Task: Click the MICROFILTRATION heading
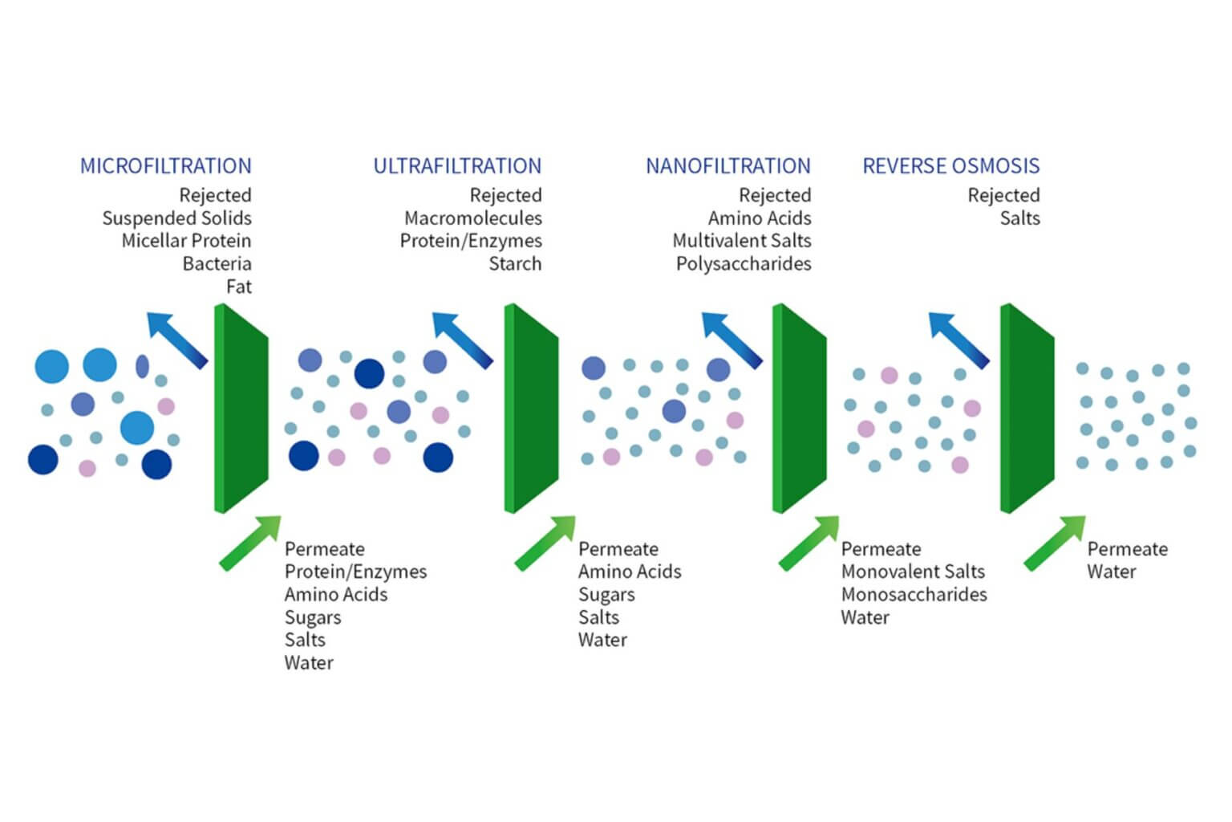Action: pyautogui.click(x=165, y=166)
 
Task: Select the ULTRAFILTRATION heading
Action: pyautogui.click(x=457, y=166)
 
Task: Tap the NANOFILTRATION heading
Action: pyautogui.click(x=727, y=166)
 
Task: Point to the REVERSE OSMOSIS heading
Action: pyautogui.click(x=950, y=166)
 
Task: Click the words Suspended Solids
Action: pyautogui.click(x=176, y=218)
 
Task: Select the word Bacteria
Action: pyautogui.click(x=217, y=264)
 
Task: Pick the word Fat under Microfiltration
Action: pyautogui.click(x=238, y=287)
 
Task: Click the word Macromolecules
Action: pyautogui.click(x=472, y=218)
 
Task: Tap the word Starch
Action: pyautogui.click(x=515, y=264)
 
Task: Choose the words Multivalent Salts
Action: pyautogui.click(x=741, y=241)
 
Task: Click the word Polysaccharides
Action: pyautogui.click(x=743, y=264)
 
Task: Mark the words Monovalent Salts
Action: pyautogui.click(x=913, y=572)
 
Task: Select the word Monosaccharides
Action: pyautogui.click(x=914, y=595)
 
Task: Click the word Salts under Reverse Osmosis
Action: pyautogui.click(x=1019, y=218)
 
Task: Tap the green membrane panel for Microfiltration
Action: pyautogui.click(x=241, y=408)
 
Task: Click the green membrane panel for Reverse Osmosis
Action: pyautogui.click(x=1027, y=408)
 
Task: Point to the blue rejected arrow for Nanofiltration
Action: pyautogui.click(x=731, y=340)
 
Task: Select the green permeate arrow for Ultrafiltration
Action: pyautogui.click(x=545, y=543)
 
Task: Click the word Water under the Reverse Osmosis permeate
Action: pyautogui.click(x=1111, y=572)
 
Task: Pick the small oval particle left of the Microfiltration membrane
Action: pyautogui.click(x=142, y=366)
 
